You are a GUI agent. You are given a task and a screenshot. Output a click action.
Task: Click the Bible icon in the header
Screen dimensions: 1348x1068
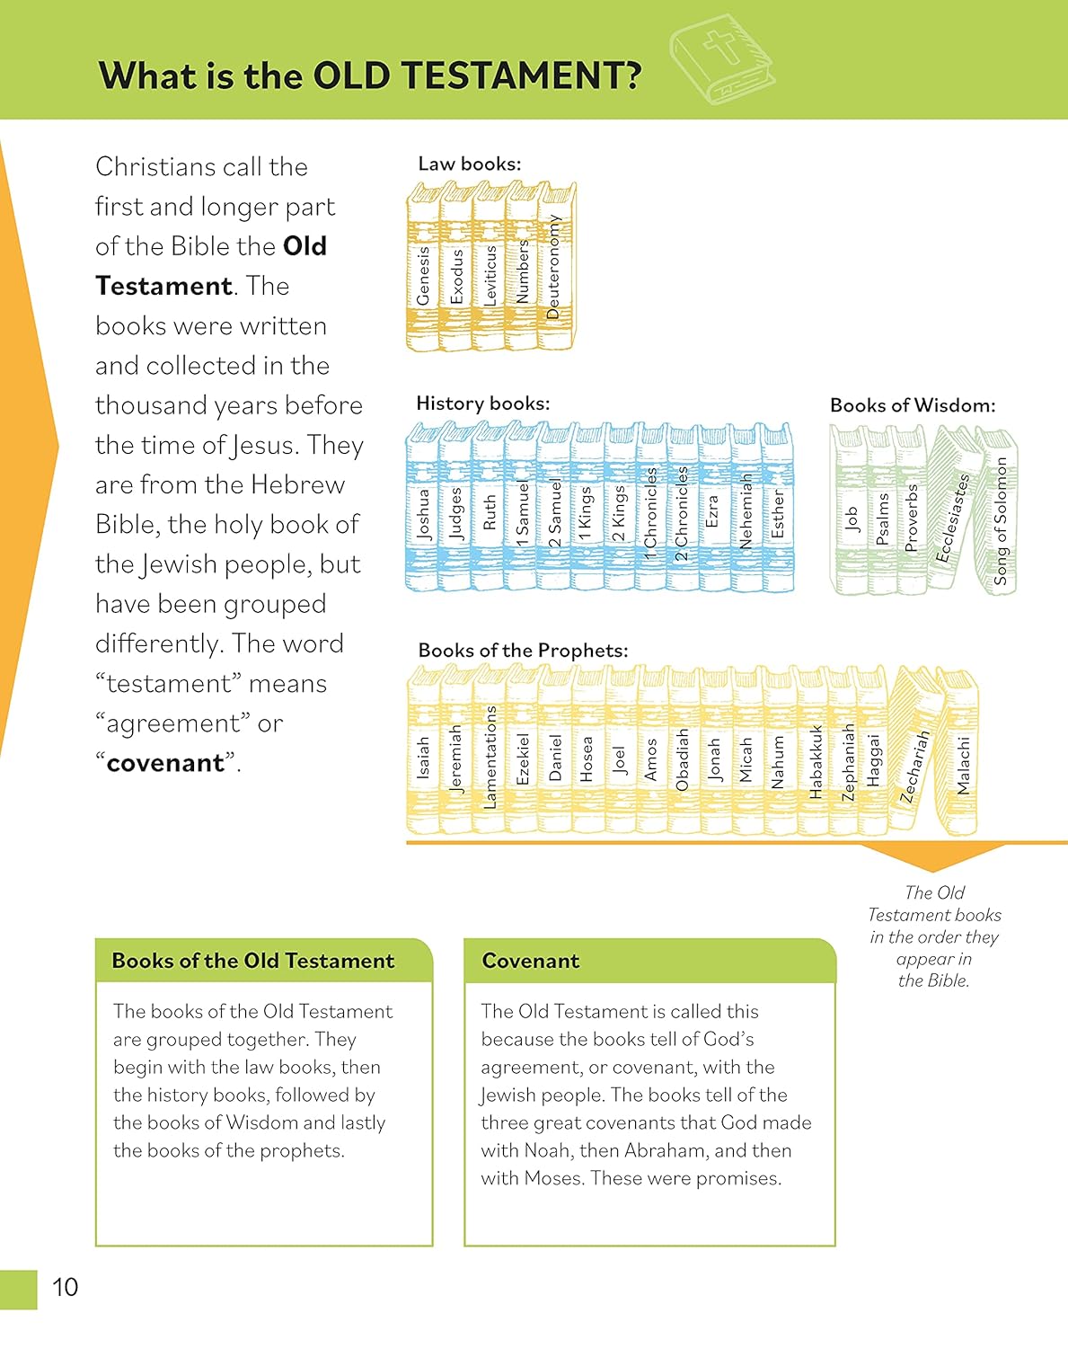coord(721,56)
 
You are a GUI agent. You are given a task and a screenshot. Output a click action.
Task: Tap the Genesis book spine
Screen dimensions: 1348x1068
coord(423,270)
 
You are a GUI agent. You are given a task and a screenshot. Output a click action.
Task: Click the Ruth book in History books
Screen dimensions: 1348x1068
coord(489,511)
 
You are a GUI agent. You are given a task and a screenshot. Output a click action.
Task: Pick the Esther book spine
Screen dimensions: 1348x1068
coord(778,513)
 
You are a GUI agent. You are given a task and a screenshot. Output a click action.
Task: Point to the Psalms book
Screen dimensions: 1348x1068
coord(882,516)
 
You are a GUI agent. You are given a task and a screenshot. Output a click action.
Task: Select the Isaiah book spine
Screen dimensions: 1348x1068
coord(423,755)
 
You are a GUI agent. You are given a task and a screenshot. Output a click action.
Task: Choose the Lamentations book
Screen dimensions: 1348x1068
coord(490,755)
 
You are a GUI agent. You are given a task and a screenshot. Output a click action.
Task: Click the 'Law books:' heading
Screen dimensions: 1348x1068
coord(469,164)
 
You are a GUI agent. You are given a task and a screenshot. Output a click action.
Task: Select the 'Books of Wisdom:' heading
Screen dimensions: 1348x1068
coord(912,405)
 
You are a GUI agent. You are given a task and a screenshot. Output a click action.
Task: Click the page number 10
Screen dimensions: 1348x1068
coord(65,1287)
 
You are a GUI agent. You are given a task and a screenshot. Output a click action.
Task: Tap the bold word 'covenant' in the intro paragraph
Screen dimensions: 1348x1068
coord(165,763)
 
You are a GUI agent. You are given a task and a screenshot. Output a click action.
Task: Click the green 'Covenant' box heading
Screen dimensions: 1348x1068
coord(530,961)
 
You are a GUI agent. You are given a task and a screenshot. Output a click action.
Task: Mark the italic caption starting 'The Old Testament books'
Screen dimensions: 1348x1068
coord(934,936)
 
